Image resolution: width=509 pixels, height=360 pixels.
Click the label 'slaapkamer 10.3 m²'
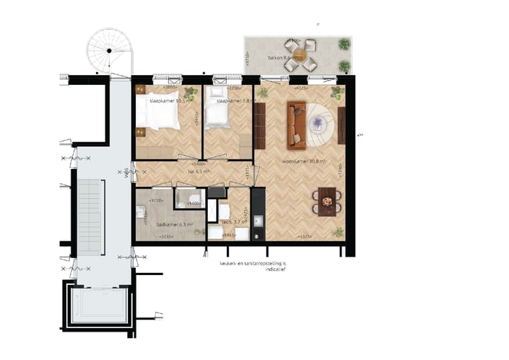coord(168,101)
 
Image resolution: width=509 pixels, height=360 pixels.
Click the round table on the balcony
coord(300,54)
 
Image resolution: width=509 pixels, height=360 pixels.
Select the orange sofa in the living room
coord(296,126)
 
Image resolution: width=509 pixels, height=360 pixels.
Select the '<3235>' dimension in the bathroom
coord(167,236)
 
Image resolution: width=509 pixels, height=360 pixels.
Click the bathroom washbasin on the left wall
coord(141,210)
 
